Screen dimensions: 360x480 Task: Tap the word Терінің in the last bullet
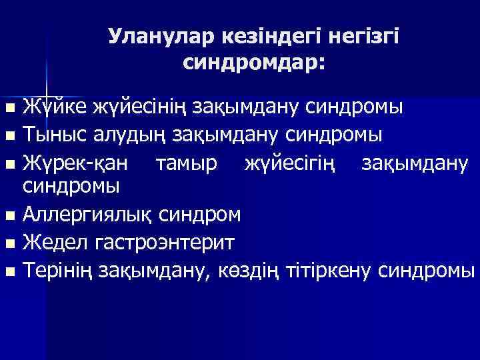58,271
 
